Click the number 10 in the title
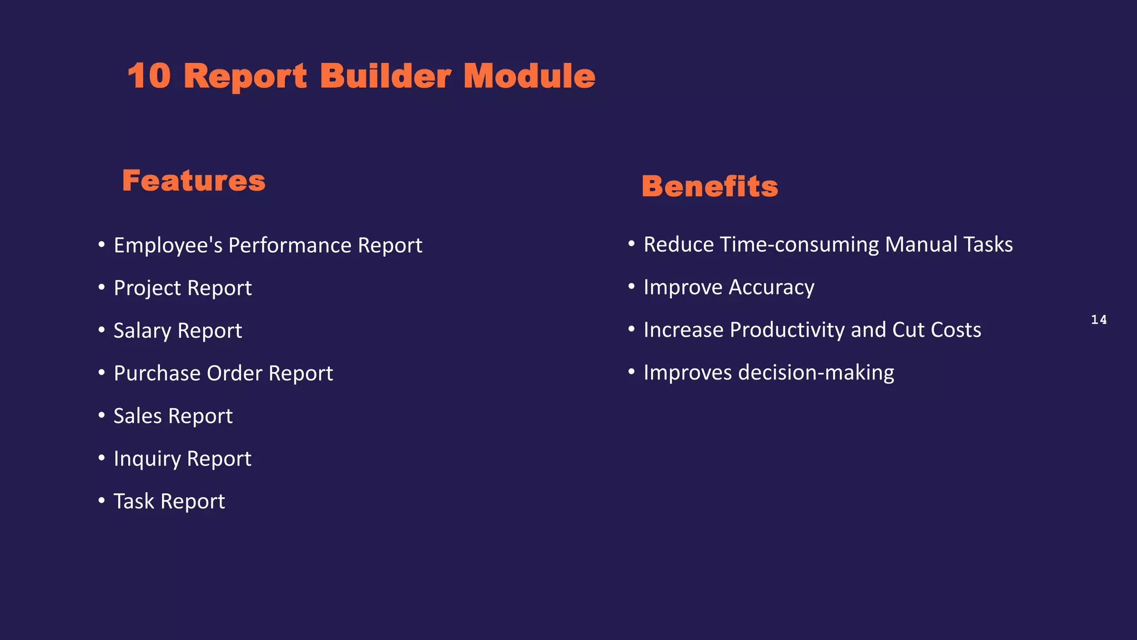(x=149, y=76)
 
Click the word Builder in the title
(x=385, y=76)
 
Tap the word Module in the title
(x=529, y=76)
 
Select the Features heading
(x=194, y=181)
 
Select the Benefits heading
(x=710, y=187)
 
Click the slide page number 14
(x=1099, y=319)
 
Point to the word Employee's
(x=168, y=246)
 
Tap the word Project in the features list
(x=147, y=288)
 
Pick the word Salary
(x=142, y=331)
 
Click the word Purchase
(x=157, y=373)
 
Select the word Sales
(x=138, y=416)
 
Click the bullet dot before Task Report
(x=102, y=500)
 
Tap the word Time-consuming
(x=799, y=244)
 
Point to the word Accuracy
(x=771, y=287)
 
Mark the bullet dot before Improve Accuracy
(x=631, y=286)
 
